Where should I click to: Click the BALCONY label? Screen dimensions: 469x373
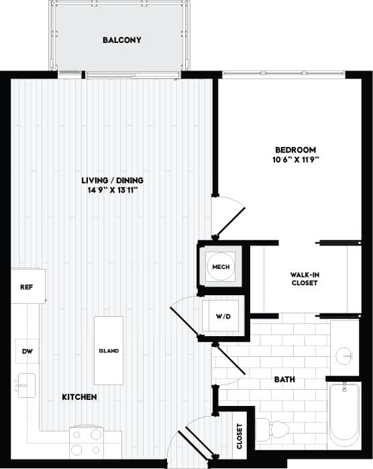[121, 40]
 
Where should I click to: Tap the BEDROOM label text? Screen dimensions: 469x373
[295, 150]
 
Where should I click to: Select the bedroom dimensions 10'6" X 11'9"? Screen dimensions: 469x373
[295, 160]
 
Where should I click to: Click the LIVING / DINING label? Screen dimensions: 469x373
[113, 180]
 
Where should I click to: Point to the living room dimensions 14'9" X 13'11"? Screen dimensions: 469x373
[113, 191]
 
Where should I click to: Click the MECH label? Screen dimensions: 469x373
[221, 268]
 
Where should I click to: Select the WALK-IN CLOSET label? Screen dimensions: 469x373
[304, 279]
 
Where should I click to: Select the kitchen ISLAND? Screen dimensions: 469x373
[109, 351]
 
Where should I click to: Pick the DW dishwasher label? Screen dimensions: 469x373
[26, 351]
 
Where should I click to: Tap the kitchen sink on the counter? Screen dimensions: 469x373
[25, 383]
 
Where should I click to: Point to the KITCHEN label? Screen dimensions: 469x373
[80, 397]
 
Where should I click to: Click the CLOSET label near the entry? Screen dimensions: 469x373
[240, 435]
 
